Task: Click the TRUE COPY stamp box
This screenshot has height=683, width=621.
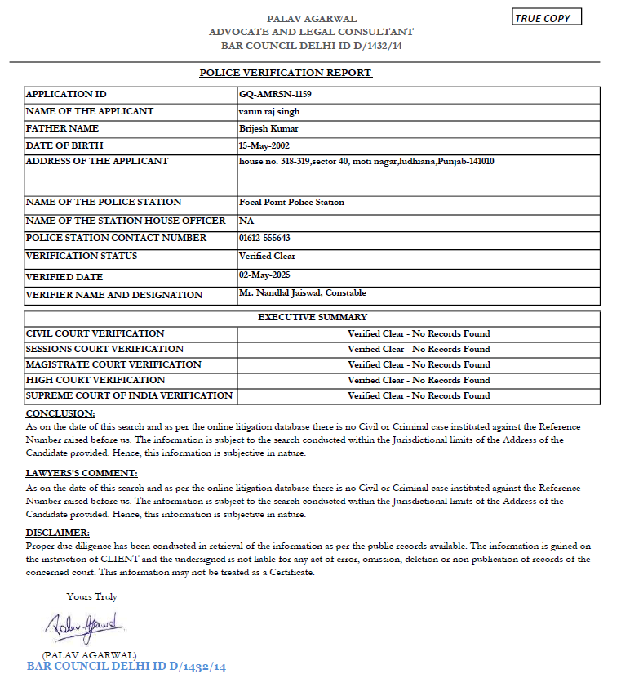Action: click(x=547, y=18)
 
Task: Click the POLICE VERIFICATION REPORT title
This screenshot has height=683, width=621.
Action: click(x=286, y=73)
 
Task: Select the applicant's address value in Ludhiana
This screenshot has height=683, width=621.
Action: click(x=366, y=161)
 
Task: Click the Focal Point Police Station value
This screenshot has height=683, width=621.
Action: click(x=291, y=202)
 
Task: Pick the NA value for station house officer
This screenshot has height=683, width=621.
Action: click(x=245, y=221)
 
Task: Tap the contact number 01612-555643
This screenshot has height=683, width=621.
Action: click(x=264, y=238)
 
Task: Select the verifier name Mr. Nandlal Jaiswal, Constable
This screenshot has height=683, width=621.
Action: click(x=302, y=292)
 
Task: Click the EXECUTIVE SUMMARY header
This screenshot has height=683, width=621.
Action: click(x=313, y=317)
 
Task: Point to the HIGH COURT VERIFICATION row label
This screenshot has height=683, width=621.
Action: click(x=95, y=380)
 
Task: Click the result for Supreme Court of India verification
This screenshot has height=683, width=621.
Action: click(x=419, y=395)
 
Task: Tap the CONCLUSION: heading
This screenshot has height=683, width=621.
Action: click(x=60, y=413)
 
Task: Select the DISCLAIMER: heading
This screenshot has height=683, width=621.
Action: click(x=58, y=533)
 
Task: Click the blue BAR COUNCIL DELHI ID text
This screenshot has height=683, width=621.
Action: click(x=126, y=667)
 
